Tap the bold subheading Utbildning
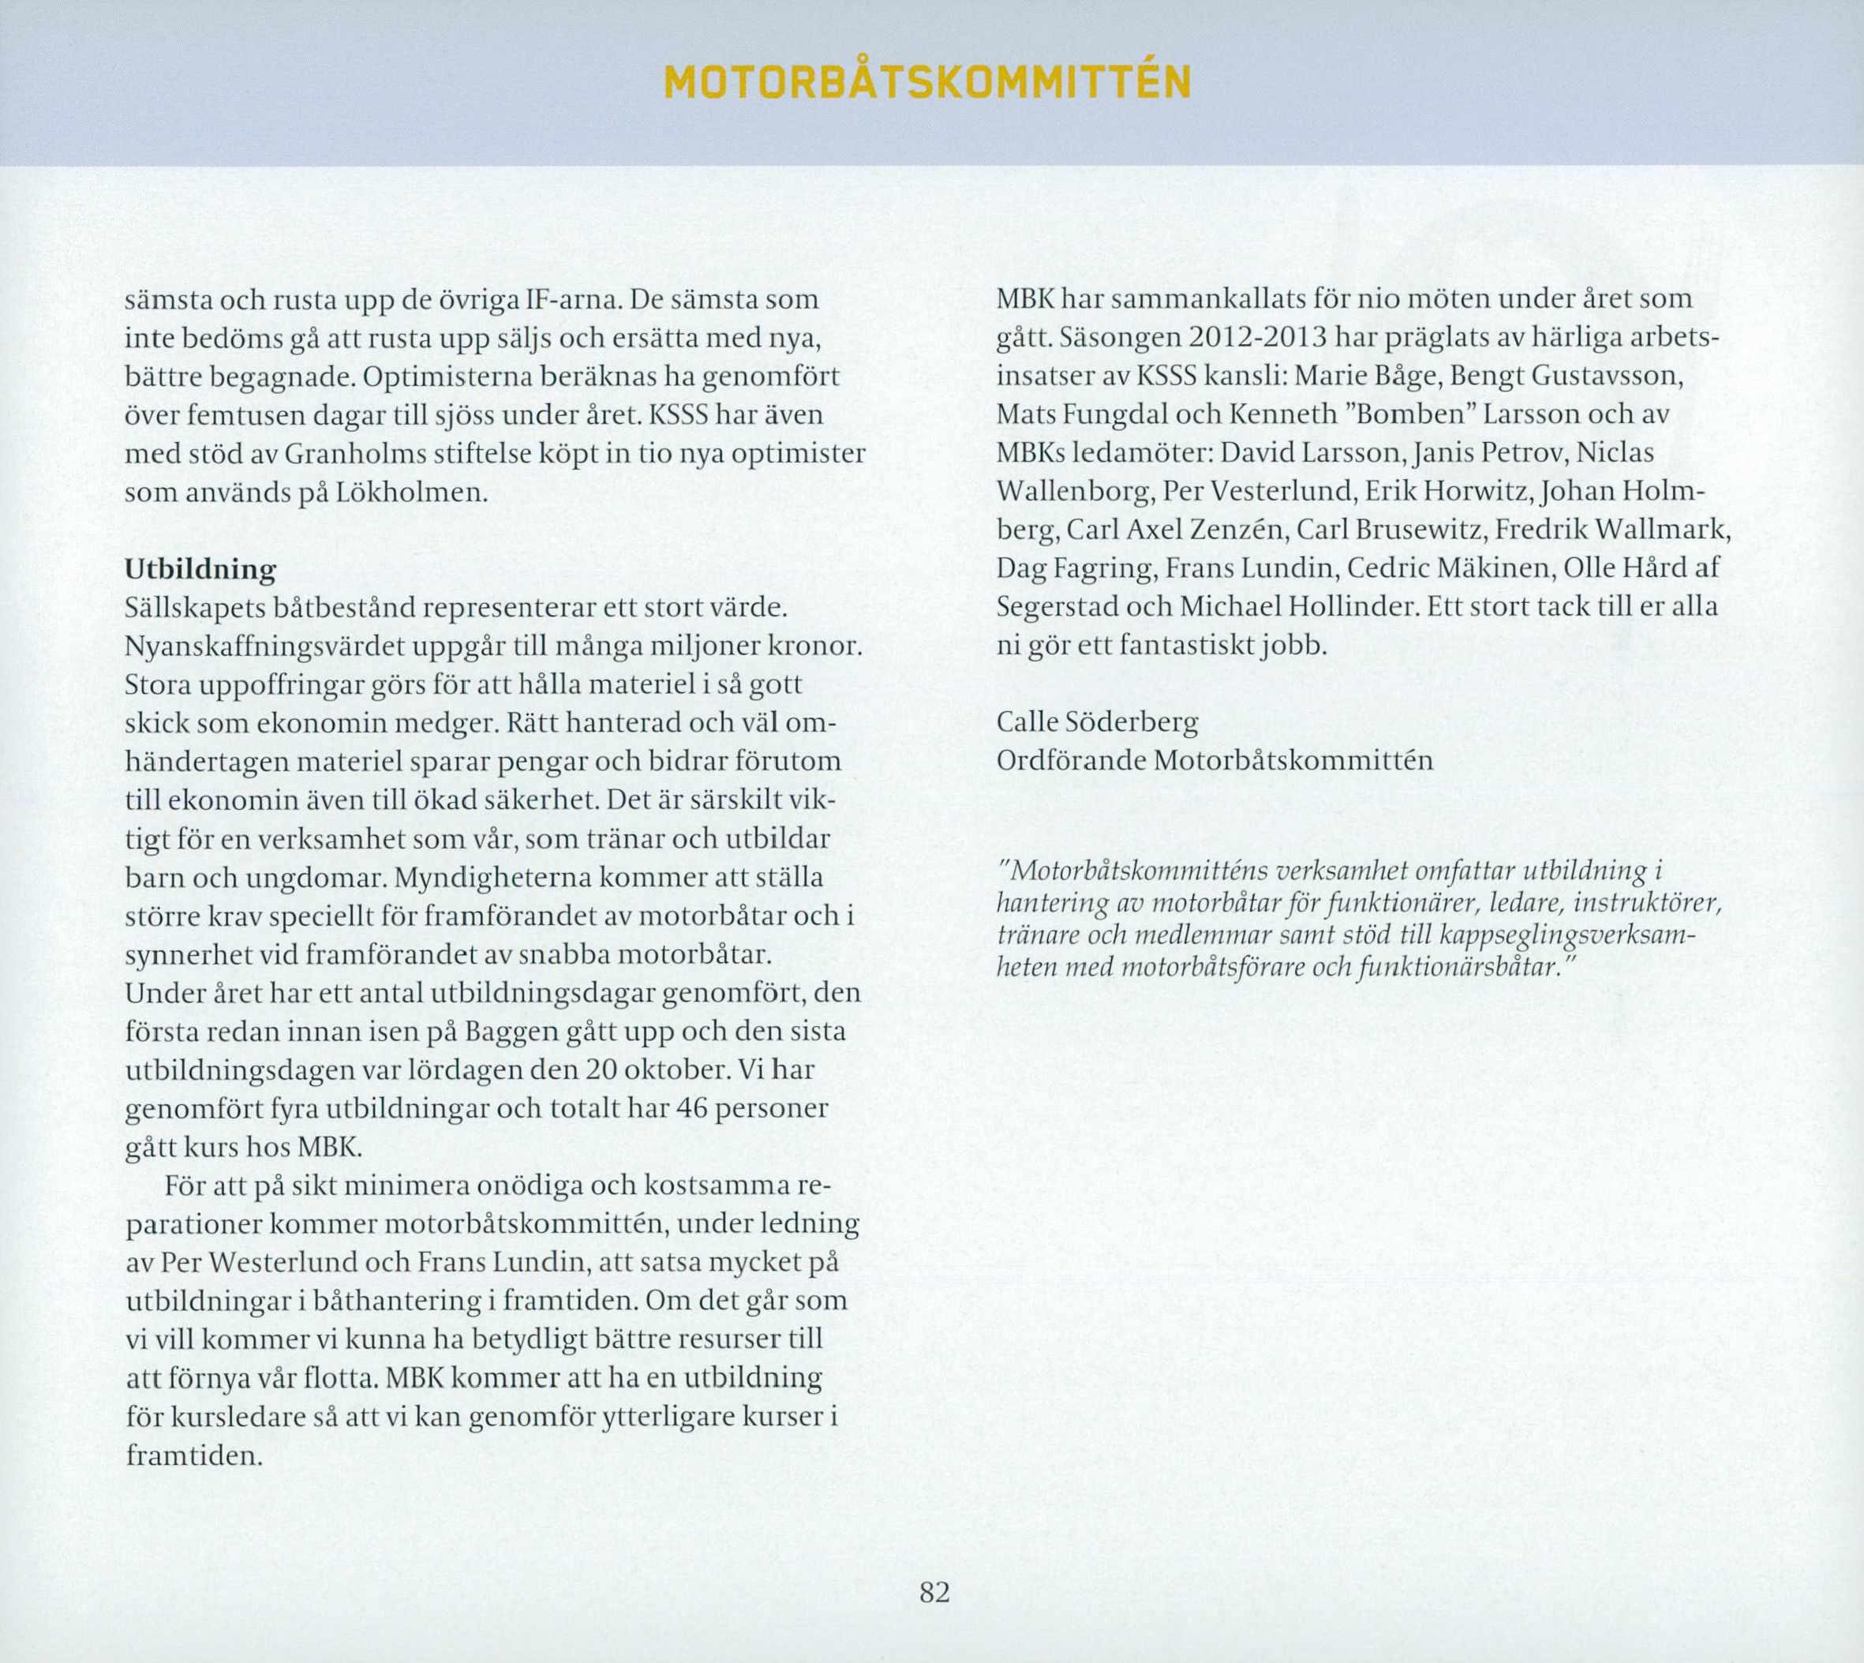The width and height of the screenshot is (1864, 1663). click(x=199, y=569)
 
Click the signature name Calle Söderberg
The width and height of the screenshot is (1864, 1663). click(x=1096, y=723)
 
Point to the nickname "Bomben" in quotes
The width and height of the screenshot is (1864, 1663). click(x=1409, y=415)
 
